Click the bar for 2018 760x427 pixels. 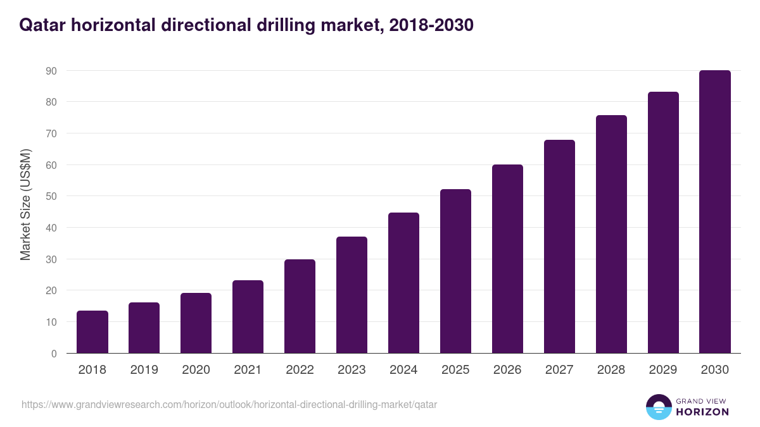click(x=92, y=332)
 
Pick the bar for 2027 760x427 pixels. click(x=559, y=247)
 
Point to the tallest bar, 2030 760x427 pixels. click(x=715, y=212)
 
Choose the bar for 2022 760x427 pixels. click(x=300, y=306)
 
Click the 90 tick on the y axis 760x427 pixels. click(x=51, y=71)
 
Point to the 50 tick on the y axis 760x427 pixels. click(x=51, y=196)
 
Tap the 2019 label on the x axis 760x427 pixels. click(x=144, y=370)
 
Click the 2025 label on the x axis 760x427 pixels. click(x=455, y=370)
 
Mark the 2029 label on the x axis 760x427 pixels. click(x=663, y=370)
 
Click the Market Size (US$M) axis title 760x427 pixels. click(x=25, y=204)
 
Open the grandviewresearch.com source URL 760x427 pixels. click(x=229, y=404)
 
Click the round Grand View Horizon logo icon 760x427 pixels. click(x=658, y=407)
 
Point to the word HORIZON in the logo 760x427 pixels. click(x=702, y=412)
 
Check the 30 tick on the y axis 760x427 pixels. click(x=51, y=259)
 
